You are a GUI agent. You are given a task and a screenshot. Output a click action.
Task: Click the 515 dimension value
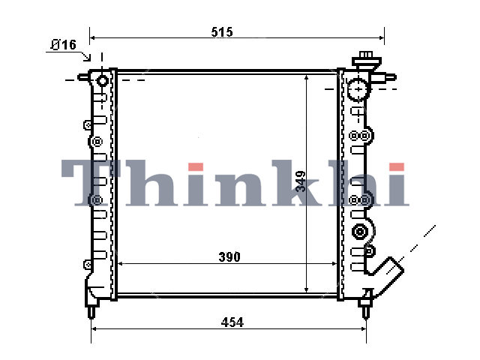(x=222, y=31)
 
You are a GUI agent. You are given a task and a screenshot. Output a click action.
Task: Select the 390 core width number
(x=229, y=256)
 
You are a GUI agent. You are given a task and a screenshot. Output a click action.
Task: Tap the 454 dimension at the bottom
(x=232, y=322)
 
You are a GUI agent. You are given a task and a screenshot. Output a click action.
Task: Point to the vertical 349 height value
(x=301, y=181)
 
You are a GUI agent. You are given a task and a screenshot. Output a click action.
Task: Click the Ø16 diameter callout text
(x=63, y=45)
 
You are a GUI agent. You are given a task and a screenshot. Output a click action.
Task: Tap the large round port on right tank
(x=358, y=89)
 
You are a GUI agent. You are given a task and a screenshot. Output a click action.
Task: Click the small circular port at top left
(x=102, y=81)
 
